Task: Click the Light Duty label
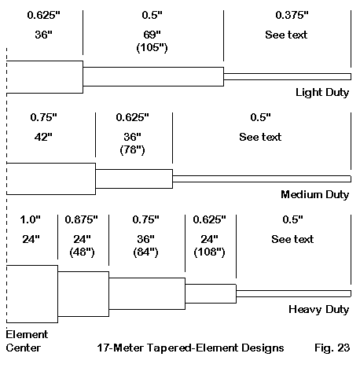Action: point(322,93)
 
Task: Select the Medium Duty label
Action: point(315,194)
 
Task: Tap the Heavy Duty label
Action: point(319,310)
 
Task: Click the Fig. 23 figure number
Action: point(332,348)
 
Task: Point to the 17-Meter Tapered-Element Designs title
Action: point(190,348)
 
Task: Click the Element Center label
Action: point(27,341)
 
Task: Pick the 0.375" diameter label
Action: point(292,15)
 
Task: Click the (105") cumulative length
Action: point(152,47)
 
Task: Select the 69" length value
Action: point(152,35)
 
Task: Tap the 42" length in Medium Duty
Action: point(43,137)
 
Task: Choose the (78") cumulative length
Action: point(132,149)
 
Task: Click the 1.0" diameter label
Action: point(31,219)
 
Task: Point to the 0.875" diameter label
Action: point(81,219)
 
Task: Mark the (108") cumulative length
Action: point(209,252)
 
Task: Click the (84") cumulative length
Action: point(145,252)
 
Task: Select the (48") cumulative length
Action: point(82,252)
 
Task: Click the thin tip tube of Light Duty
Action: point(287,76)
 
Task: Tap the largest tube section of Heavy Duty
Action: point(32,294)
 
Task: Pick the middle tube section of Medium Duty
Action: point(134,178)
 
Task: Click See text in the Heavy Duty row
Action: point(292,239)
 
